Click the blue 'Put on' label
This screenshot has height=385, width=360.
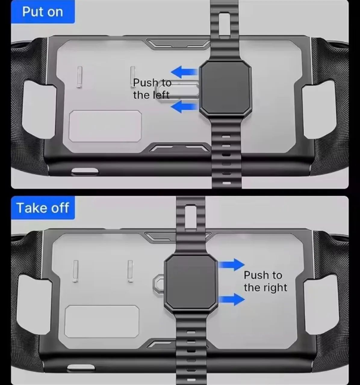(x=43, y=12)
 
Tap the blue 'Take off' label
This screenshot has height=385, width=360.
(x=43, y=208)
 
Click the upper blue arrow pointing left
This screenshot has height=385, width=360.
(x=184, y=72)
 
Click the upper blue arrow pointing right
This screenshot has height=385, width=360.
(x=231, y=265)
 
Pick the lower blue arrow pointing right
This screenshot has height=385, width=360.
(x=231, y=299)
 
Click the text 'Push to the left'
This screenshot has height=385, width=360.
(x=152, y=89)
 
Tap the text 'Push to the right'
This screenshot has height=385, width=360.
(x=265, y=281)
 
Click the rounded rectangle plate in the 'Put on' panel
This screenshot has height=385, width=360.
(x=105, y=126)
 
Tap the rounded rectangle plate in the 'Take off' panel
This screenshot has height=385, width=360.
(x=102, y=322)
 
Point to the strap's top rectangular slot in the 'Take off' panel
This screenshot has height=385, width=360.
(x=191, y=218)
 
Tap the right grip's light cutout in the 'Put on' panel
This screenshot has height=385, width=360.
(x=318, y=109)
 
